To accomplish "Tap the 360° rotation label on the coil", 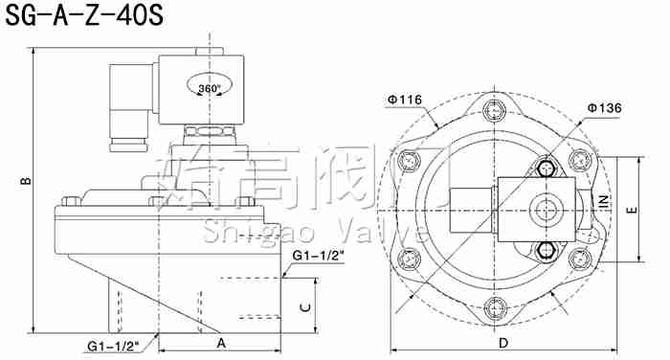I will click(210, 88).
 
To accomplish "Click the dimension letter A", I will click(220, 342).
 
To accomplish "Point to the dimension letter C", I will click(303, 306).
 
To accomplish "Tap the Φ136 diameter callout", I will click(605, 108).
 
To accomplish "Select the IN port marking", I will click(604, 201).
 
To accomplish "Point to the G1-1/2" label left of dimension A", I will click(113, 344).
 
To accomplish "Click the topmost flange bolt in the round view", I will click(494, 111).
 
